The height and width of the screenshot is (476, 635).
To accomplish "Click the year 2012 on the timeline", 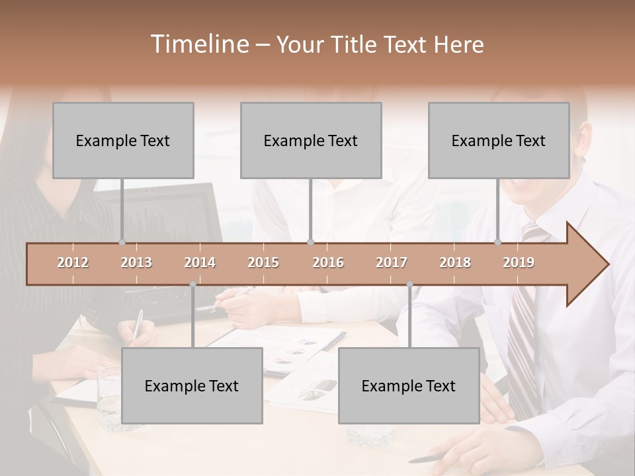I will click(x=73, y=262).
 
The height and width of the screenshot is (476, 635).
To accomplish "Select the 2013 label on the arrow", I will click(x=136, y=262).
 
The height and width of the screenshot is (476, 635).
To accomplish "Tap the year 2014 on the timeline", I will click(x=200, y=262).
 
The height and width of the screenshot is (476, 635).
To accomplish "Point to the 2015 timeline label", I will click(x=263, y=262).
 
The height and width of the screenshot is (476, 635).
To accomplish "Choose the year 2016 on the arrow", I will click(x=328, y=262).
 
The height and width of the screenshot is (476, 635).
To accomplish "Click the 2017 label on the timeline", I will click(x=392, y=262).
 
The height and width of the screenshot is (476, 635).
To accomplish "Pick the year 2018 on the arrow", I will click(x=455, y=262).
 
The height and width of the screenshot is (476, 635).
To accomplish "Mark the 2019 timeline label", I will click(x=519, y=262).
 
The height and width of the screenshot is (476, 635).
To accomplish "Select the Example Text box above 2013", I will click(x=123, y=140).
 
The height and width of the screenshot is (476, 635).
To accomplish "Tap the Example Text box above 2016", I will click(x=311, y=140).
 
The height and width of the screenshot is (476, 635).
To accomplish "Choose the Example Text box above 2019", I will click(x=499, y=140).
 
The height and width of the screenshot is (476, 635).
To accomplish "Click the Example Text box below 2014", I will click(x=192, y=385).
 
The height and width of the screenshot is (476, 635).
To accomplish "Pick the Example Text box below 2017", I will click(x=409, y=385).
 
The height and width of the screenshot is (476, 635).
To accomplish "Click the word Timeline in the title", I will click(x=198, y=44).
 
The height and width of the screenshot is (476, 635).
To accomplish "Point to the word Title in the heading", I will click(x=358, y=44).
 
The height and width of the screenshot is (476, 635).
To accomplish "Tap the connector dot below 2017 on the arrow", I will click(x=409, y=284).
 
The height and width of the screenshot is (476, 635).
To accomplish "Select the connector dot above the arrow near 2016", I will click(x=311, y=242).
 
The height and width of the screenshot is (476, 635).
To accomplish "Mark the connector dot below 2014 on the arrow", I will click(x=192, y=284).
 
